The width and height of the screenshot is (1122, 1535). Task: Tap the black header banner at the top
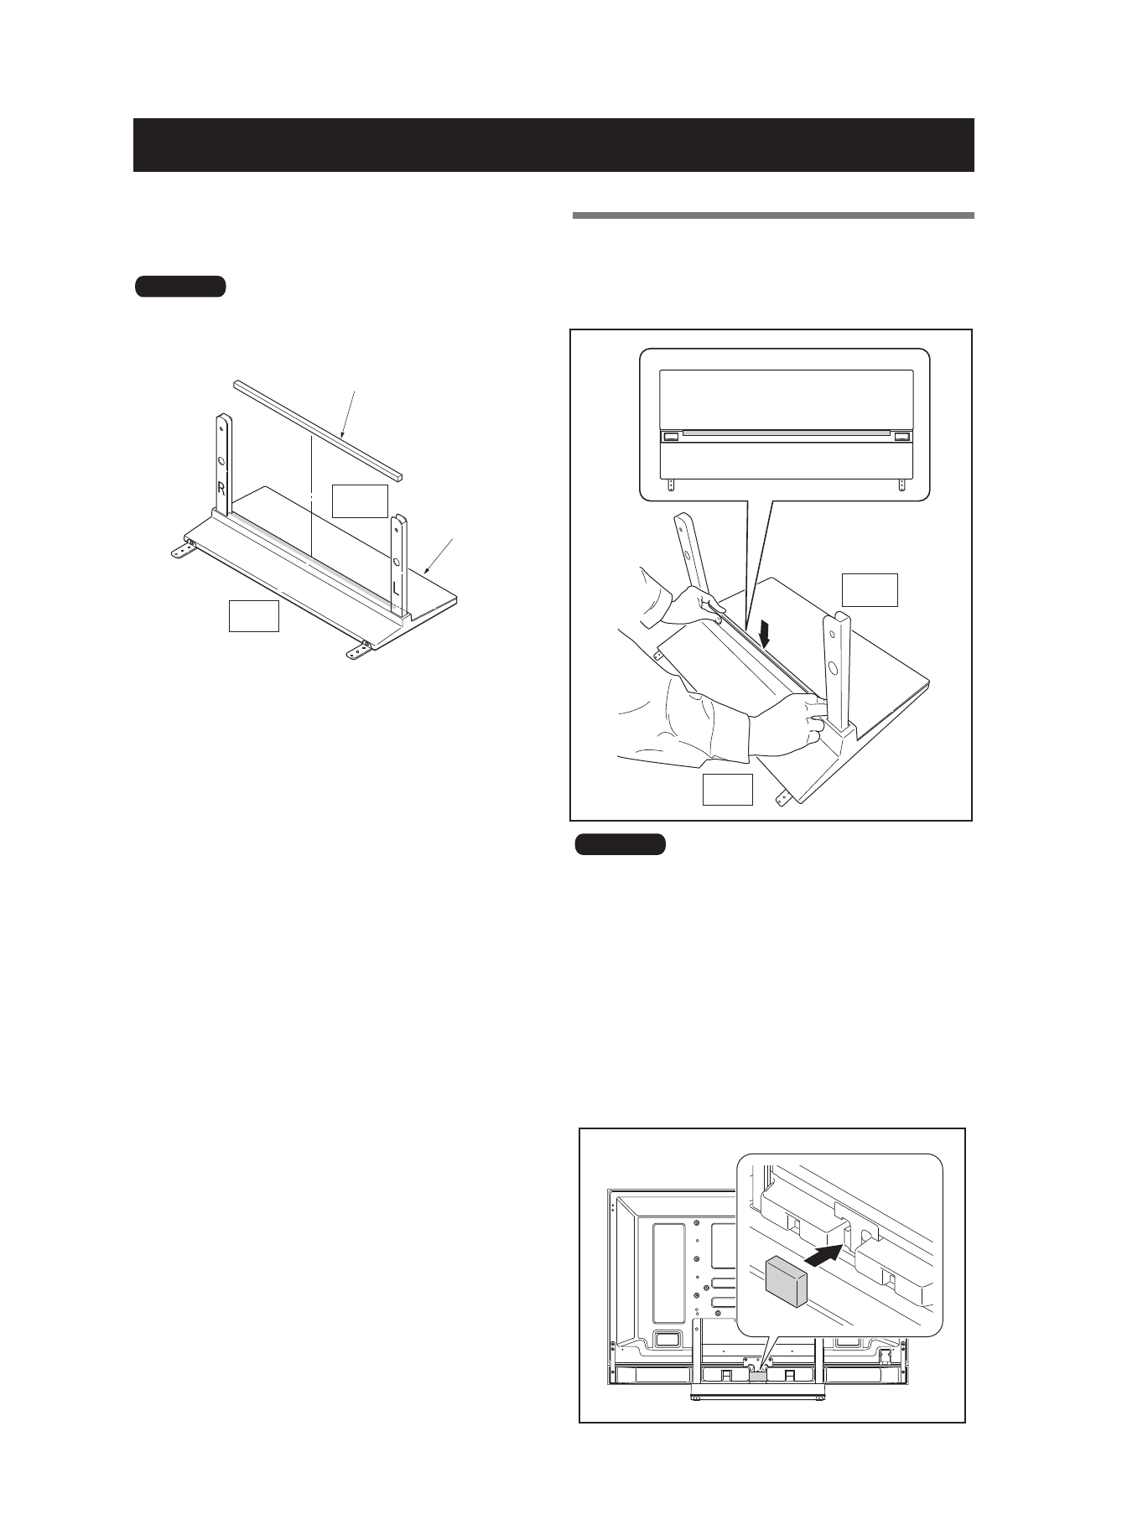[553, 145]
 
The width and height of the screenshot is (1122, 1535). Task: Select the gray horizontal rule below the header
[772, 215]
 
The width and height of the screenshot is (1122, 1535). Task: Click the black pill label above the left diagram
[180, 286]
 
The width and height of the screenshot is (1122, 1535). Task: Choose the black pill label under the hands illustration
[620, 843]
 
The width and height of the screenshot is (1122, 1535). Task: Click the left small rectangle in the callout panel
[671, 437]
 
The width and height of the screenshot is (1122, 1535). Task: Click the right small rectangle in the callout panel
[902, 437]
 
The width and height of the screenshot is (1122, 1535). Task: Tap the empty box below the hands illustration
[727, 790]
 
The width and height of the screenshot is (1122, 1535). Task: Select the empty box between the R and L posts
[360, 500]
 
